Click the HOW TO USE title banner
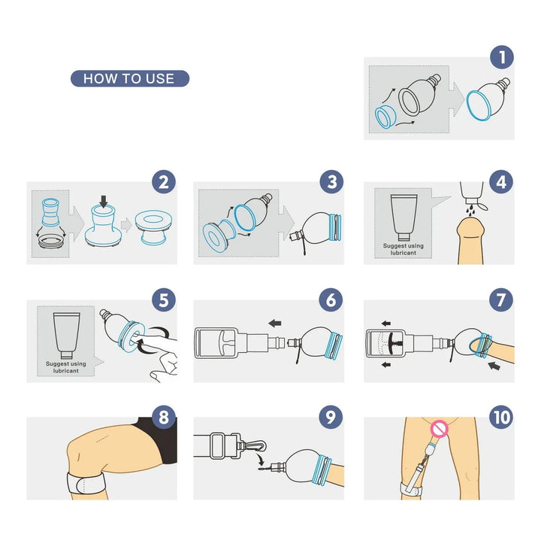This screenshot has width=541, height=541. [130, 78]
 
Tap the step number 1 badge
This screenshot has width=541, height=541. [502, 57]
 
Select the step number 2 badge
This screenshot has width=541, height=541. [164, 182]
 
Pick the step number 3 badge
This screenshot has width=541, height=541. [331, 182]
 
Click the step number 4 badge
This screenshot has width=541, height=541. [501, 182]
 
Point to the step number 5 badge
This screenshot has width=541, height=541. [164, 300]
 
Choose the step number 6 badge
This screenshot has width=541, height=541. [331, 300]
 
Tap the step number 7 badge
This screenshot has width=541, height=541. [501, 300]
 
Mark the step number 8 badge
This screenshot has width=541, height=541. [164, 418]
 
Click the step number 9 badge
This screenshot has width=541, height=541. [331, 418]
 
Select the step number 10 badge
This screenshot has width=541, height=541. [501, 418]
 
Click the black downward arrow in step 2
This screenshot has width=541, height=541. [104, 201]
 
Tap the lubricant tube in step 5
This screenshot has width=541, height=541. [67, 336]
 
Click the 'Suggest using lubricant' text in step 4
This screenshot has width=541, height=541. [403, 249]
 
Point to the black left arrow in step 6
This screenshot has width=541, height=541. [275, 324]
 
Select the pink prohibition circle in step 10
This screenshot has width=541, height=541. [440, 429]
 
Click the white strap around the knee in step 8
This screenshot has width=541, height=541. [86, 482]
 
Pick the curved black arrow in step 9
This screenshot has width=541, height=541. [259, 460]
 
